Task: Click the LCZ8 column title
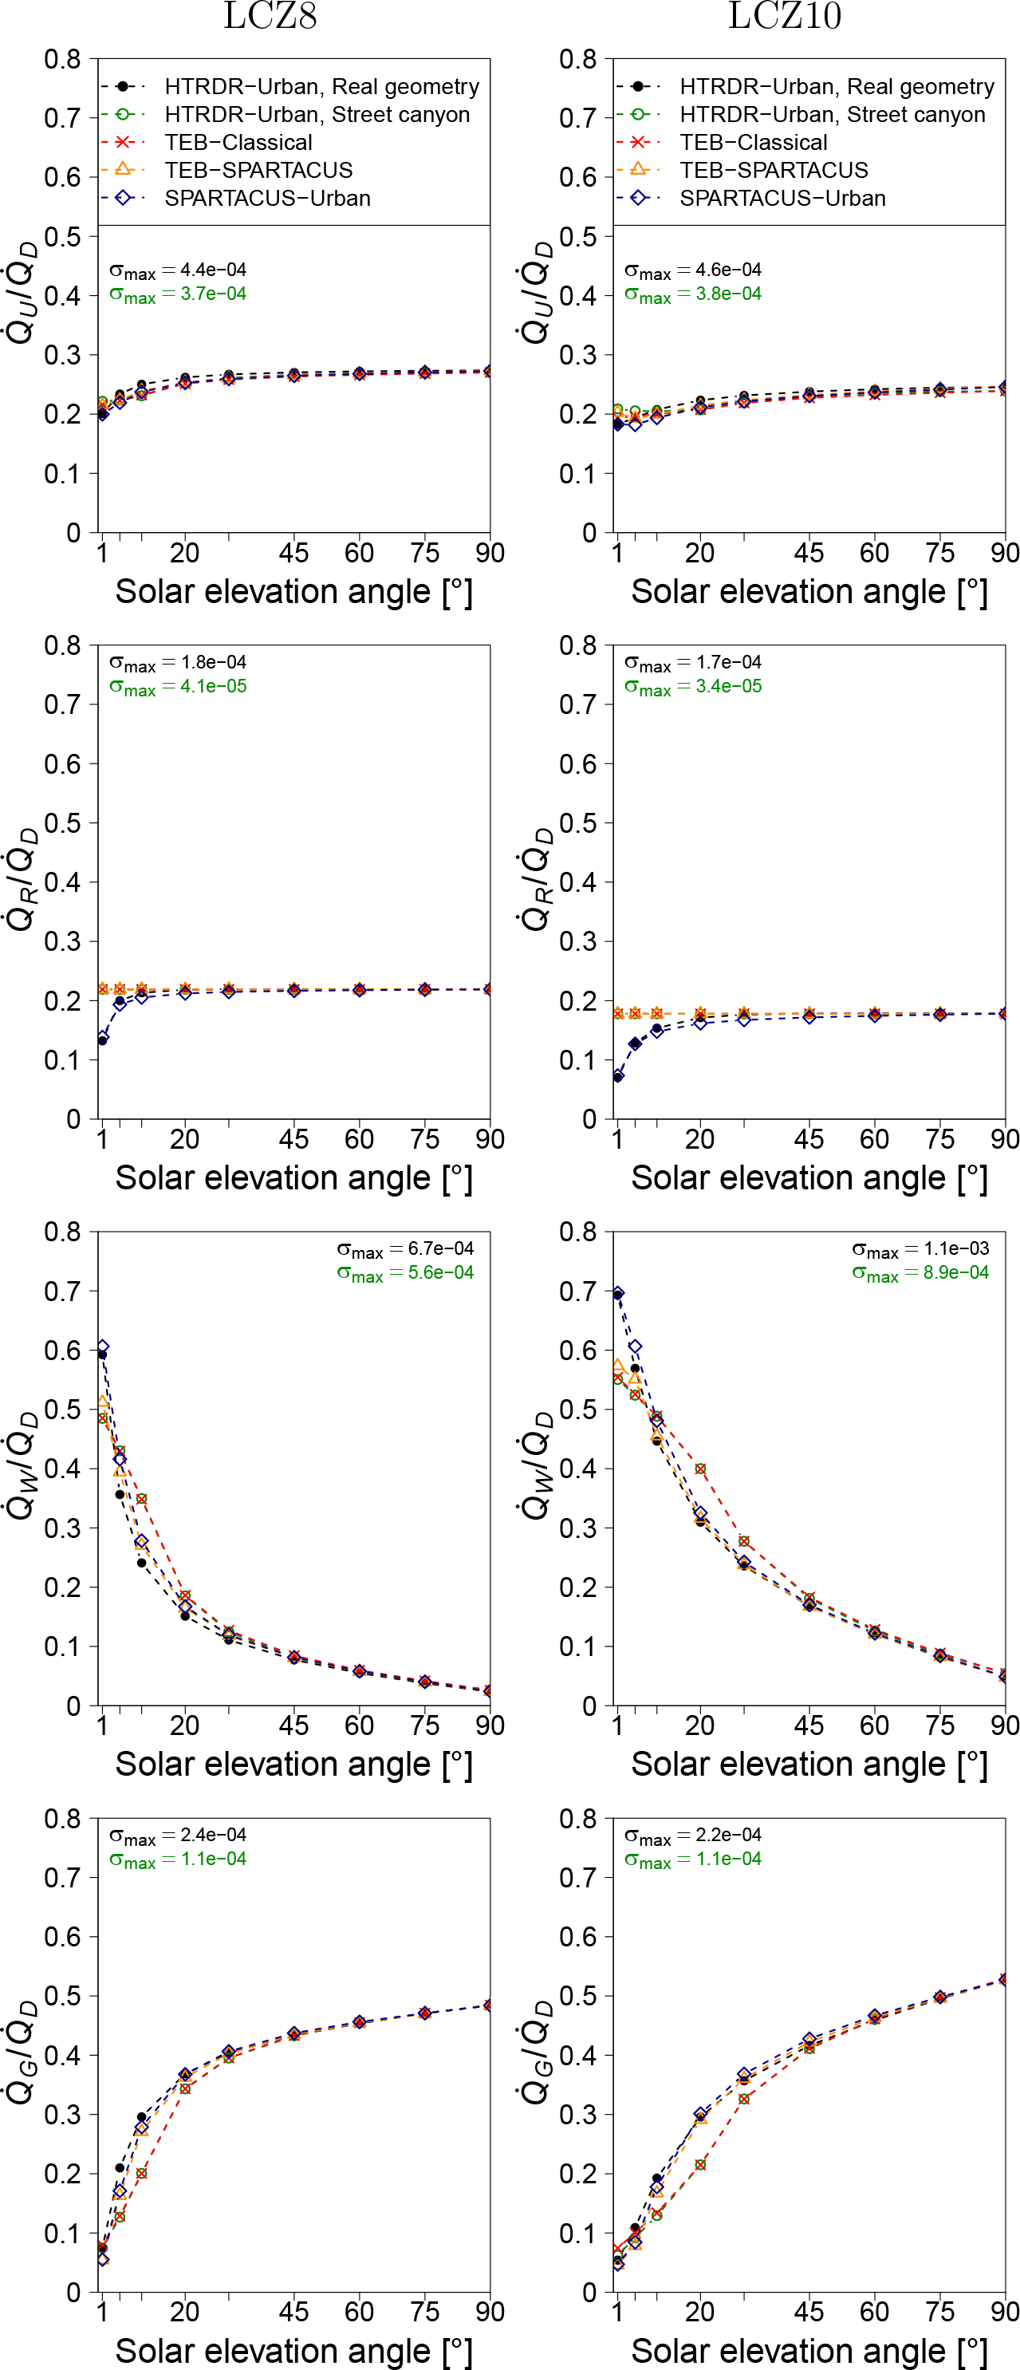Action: coord(270,17)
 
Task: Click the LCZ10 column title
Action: coord(785,17)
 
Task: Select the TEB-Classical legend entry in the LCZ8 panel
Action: coord(238,143)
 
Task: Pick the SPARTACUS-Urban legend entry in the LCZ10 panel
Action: coord(782,198)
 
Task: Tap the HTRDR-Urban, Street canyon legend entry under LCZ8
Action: coord(317,115)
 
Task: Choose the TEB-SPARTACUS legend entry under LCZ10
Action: coord(774,170)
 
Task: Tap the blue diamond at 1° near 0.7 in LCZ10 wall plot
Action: coord(618,1294)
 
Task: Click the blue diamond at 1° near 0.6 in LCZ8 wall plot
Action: coord(103,1347)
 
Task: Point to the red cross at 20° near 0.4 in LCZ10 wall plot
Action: coord(701,1469)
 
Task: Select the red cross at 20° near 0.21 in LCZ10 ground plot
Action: coord(701,2165)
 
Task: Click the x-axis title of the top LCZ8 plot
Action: coord(293,592)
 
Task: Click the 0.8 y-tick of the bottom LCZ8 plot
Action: coord(62,1819)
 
